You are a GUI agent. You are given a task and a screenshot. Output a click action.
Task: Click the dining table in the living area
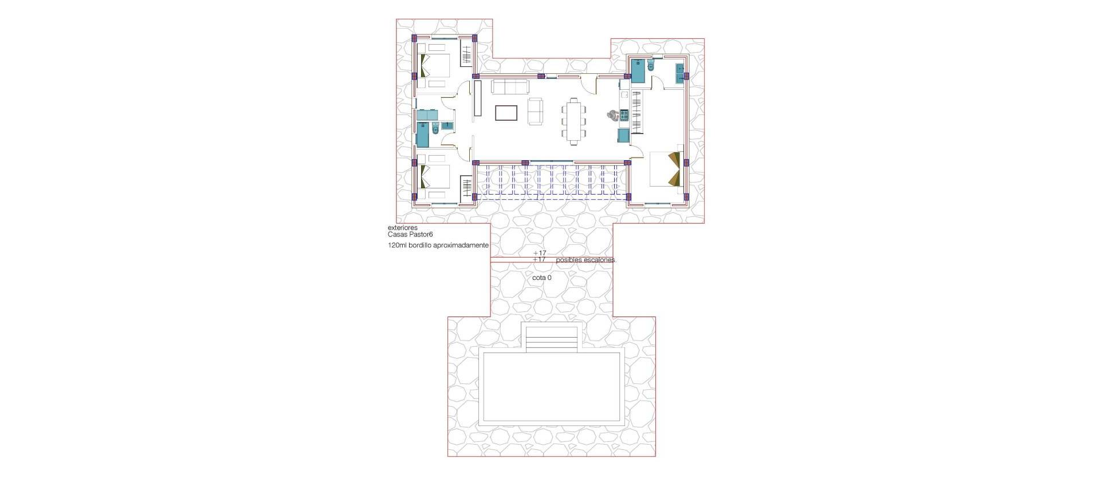(574, 121)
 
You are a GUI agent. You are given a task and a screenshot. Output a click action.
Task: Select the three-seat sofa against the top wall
(509, 87)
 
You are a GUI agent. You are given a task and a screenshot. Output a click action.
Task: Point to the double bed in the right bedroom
(665, 170)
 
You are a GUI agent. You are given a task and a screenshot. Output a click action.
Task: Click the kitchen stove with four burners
(623, 114)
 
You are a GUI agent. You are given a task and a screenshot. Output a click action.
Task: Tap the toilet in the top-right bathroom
(649, 67)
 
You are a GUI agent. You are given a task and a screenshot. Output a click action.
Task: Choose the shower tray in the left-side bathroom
(423, 135)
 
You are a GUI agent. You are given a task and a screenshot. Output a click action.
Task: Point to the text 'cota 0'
(541, 278)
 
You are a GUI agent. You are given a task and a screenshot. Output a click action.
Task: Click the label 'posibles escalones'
(586, 260)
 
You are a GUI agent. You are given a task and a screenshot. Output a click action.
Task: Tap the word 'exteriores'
(402, 228)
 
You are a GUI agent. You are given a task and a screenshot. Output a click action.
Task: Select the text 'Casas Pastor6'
(410, 234)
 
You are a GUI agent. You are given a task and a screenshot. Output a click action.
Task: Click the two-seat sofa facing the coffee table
(535, 110)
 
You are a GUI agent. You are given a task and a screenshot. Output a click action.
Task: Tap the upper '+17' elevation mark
(539, 253)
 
